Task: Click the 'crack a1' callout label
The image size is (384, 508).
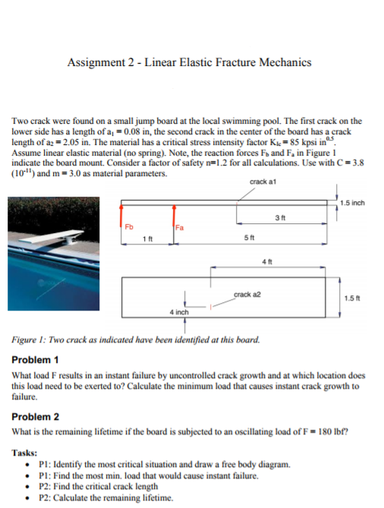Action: point(260,181)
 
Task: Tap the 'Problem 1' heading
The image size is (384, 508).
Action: point(36,358)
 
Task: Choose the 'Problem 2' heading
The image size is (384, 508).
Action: point(36,416)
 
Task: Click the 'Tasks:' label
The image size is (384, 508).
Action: point(27,453)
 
